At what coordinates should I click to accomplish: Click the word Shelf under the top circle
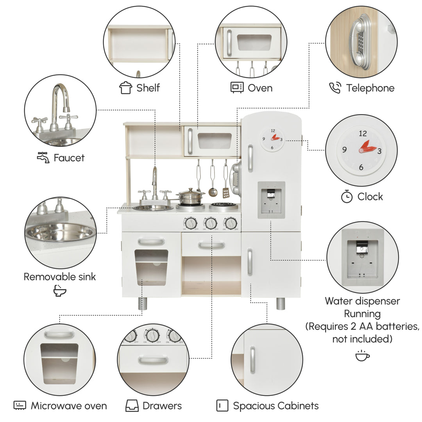click(x=148, y=88)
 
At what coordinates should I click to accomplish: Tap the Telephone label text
click(x=370, y=88)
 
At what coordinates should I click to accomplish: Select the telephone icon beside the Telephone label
click(x=335, y=88)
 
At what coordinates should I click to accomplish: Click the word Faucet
click(x=69, y=158)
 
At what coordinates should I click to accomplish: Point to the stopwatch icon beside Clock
click(x=347, y=196)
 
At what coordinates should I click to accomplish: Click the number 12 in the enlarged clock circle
click(x=363, y=134)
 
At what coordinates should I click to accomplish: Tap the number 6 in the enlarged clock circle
click(x=361, y=167)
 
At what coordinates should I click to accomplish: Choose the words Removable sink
click(x=60, y=277)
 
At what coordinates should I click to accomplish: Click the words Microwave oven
click(x=69, y=406)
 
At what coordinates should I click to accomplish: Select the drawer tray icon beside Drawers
click(x=132, y=406)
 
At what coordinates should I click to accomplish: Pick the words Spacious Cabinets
click(x=276, y=406)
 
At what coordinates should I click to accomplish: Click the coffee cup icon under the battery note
click(x=362, y=356)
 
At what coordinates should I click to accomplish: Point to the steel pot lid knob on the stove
click(x=191, y=190)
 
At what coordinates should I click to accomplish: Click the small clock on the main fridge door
click(x=272, y=139)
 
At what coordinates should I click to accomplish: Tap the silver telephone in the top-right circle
click(x=360, y=42)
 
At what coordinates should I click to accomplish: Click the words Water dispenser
click(x=362, y=301)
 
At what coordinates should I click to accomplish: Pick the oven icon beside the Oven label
click(x=237, y=88)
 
